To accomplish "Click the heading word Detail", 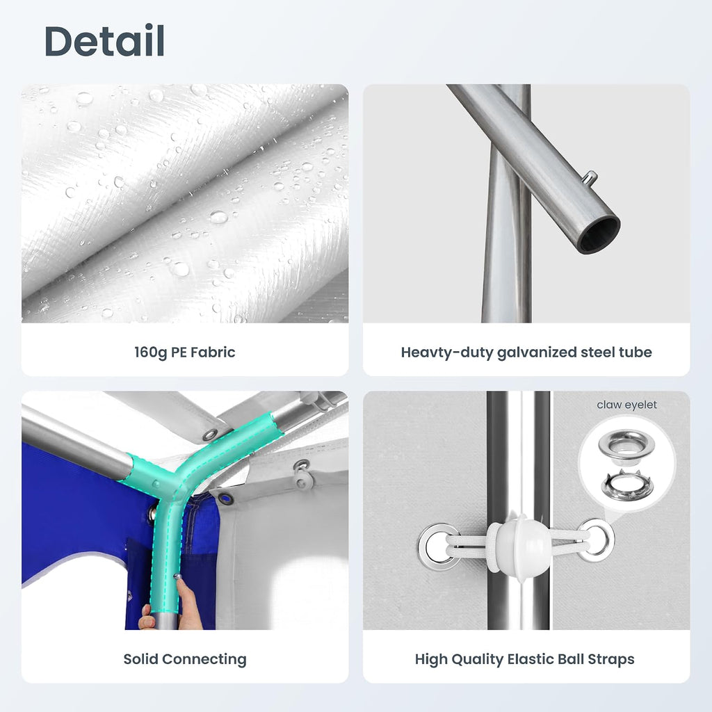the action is coord(104,41).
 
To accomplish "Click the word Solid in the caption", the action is coord(140,659).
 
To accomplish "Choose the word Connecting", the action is coord(204,660).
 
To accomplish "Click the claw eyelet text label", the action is coord(626,405).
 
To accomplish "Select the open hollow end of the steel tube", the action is coord(600,235).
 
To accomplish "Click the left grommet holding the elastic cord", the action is coord(438,547).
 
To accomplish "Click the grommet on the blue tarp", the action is coord(225,498).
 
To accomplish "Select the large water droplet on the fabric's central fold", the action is coord(218,217).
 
